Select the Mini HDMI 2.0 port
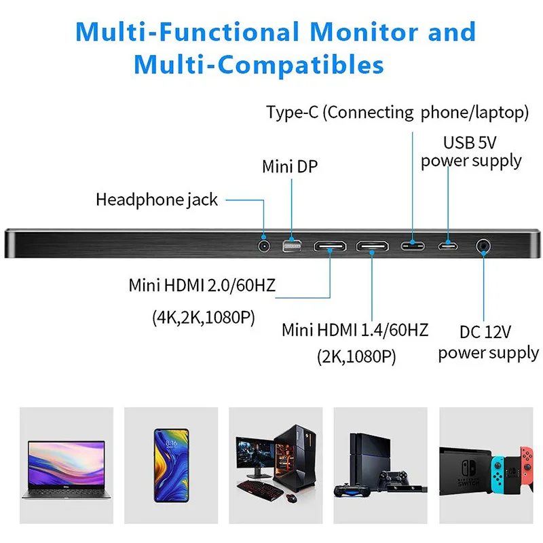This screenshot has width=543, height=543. [x=331, y=245]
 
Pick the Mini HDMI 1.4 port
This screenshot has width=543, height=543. [x=374, y=245]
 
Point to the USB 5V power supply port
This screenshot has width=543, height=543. [x=448, y=245]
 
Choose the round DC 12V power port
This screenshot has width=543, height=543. [x=484, y=245]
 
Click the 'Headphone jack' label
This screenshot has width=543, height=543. [x=157, y=200]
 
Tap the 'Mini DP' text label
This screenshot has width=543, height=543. [x=290, y=166]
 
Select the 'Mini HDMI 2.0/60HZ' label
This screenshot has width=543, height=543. [x=202, y=285]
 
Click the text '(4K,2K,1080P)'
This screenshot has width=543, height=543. [x=203, y=318]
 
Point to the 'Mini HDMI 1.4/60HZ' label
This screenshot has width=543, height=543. [x=355, y=331]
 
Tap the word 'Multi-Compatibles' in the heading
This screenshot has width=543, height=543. [x=259, y=65]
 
